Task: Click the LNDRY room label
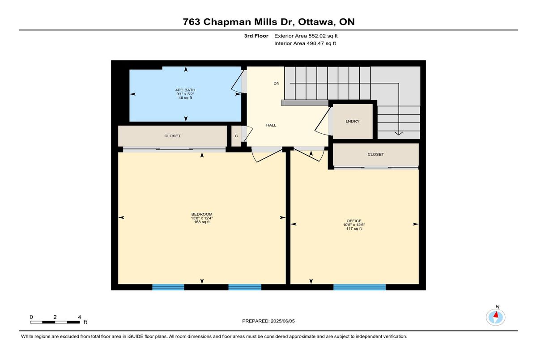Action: [x=353, y=122]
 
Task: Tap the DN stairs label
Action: [x=277, y=83]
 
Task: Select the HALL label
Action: [x=271, y=125]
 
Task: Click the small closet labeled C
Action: [x=236, y=136]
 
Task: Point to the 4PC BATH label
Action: [x=185, y=90]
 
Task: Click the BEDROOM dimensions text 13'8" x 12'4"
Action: [x=202, y=218]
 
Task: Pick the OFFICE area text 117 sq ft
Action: [x=354, y=229]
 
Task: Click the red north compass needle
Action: [x=496, y=314]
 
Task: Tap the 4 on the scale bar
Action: [x=80, y=317]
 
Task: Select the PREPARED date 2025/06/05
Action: [x=283, y=321]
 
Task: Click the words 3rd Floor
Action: [x=256, y=36]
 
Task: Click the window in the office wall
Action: [x=360, y=287]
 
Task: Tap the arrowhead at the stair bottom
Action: [x=399, y=133]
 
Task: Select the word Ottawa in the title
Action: [x=316, y=22]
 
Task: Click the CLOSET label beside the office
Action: [x=375, y=154]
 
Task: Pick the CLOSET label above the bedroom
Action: [x=172, y=136]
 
